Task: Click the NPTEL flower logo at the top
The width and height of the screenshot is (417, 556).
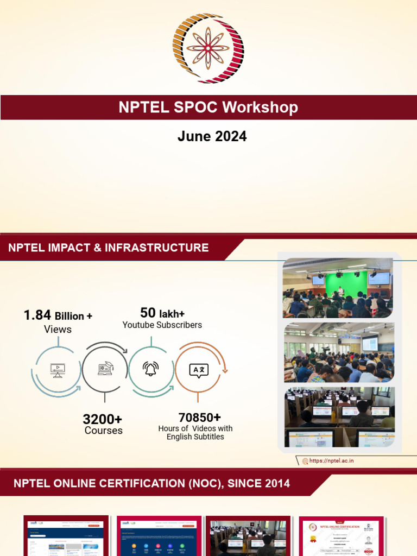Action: [x=208, y=49]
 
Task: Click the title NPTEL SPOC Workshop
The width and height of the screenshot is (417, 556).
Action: [x=208, y=107]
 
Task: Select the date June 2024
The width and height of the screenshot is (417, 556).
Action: [x=212, y=136]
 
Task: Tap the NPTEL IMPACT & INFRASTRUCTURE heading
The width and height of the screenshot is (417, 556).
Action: [x=109, y=248]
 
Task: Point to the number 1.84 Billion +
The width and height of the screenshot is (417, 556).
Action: [x=58, y=315]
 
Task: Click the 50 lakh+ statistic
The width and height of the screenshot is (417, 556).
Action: [x=162, y=313]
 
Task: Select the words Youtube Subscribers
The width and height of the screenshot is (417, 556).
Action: [x=162, y=325]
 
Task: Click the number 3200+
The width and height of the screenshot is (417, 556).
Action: [x=102, y=419]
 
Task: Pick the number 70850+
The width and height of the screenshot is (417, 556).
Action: [x=199, y=417]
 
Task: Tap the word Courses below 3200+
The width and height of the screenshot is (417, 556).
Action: [x=103, y=431]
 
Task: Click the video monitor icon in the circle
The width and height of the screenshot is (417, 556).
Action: [x=57, y=370]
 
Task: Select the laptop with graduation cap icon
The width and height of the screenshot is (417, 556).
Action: [x=105, y=369]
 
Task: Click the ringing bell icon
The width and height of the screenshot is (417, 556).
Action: [x=150, y=369]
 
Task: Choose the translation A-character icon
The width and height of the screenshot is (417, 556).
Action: [x=198, y=370]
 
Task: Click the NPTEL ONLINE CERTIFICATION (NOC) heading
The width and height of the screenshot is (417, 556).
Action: [x=152, y=483]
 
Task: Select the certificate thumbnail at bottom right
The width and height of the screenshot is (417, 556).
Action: [x=341, y=535]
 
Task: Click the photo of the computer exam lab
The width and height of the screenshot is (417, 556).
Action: [x=339, y=416]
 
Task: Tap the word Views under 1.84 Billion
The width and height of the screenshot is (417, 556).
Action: [x=58, y=330]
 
